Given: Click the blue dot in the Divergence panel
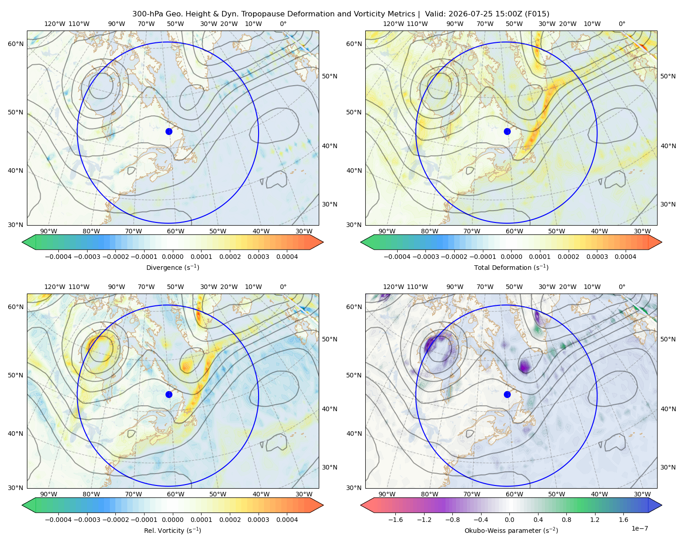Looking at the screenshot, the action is [x=169, y=132].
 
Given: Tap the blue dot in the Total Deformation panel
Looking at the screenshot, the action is [x=507, y=132].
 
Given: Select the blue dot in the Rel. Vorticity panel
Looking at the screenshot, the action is [x=169, y=394].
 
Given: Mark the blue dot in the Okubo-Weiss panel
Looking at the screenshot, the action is [x=507, y=394].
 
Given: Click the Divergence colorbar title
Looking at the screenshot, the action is [x=172, y=268].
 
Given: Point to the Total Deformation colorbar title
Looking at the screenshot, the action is [x=511, y=268].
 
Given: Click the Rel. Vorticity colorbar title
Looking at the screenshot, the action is [x=172, y=531].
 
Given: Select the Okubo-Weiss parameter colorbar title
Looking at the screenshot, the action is [x=511, y=531].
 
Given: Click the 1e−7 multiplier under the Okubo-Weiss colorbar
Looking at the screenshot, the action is [x=639, y=529].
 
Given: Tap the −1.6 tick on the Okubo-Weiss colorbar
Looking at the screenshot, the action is [x=395, y=520].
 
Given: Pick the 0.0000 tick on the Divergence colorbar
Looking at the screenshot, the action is [x=172, y=257].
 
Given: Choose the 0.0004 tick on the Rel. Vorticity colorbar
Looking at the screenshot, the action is [x=287, y=520].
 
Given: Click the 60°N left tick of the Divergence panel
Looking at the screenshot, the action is [x=16, y=44].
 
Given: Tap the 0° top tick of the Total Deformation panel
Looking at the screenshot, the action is [x=622, y=24].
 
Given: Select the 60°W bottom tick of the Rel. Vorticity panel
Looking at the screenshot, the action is [x=176, y=494].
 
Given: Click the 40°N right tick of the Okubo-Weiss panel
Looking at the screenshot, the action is [x=668, y=409].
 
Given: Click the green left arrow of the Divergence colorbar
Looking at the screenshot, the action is [x=29, y=242].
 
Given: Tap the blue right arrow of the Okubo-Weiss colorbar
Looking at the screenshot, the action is [x=655, y=505].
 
